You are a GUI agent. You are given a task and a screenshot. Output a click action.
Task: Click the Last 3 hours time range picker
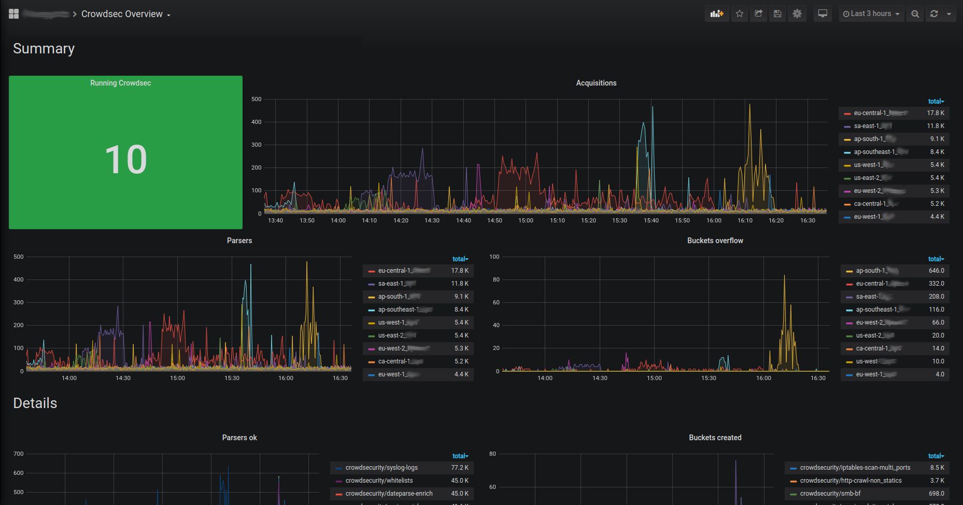click(x=871, y=14)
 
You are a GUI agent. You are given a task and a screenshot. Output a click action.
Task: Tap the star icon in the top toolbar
click(x=740, y=14)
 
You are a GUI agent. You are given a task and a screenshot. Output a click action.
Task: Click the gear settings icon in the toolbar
click(x=797, y=14)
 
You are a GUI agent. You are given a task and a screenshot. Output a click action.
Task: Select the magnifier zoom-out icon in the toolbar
click(x=915, y=14)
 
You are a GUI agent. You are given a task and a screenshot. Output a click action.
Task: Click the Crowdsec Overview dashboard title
click(x=122, y=14)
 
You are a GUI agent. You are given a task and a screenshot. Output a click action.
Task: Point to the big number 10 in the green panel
click(x=126, y=160)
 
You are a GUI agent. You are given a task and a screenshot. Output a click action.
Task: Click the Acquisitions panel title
click(x=596, y=83)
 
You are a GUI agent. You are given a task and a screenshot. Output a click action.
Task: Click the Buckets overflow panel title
click(x=715, y=241)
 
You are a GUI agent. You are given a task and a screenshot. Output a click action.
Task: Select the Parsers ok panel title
click(x=239, y=438)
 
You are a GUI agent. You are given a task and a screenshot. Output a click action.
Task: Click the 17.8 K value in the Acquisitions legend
click(x=936, y=113)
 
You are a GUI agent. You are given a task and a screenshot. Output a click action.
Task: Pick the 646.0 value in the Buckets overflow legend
click(x=936, y=271)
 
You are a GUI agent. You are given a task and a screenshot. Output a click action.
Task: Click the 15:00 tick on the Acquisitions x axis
click(x=526, y=220)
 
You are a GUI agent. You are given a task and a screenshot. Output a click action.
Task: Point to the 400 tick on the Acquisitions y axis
click(x=256, y=122)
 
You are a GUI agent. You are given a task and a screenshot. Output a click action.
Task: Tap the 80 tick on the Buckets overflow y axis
click(x=496, y=279)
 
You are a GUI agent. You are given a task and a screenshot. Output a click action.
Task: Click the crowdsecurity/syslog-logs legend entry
click(x=381, y=468)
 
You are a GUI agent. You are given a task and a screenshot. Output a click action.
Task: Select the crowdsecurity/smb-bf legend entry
click(x=830, y=494)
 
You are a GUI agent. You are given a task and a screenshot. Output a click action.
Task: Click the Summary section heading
click(x=44, y=49)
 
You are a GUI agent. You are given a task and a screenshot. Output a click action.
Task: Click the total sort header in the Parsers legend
click(x=460, y=259)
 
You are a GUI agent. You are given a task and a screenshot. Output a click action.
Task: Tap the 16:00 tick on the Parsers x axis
click(x=286, y=378)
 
